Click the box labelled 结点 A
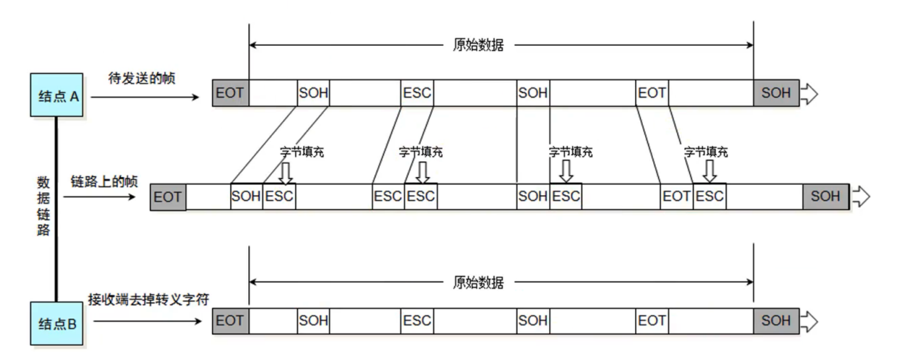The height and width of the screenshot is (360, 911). coord(56,95)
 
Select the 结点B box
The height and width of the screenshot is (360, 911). coord(56,323)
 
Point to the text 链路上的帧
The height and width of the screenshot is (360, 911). coord(104,181)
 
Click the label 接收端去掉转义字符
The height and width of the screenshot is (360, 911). coord(148,299)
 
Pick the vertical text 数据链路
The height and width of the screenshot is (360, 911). coord(43,206)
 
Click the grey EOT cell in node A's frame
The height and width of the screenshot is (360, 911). coord(230,93)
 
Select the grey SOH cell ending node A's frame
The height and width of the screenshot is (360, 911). coord(776,93)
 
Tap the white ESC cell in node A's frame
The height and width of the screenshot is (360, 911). coord(417,93)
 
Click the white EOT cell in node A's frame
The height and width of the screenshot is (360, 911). coord(652,93)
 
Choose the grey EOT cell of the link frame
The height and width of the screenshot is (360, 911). coord(168,197)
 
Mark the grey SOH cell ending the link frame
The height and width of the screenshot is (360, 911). coord(825,196)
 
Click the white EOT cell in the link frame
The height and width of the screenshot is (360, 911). coord(676,196)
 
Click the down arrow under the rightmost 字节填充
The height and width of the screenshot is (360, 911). coord(709,171)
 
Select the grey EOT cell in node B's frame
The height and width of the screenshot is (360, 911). coord(230,321)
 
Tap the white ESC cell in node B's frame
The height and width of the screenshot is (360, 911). coord(417,321)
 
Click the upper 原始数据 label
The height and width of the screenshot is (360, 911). coord(478,45)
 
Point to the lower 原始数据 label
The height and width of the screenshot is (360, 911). coord(478,283)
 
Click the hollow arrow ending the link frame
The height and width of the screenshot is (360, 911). coord(860,196)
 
